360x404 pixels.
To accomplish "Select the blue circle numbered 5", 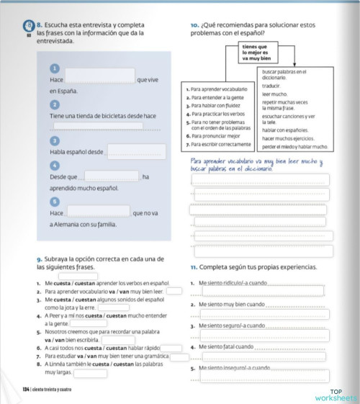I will coord(54,202).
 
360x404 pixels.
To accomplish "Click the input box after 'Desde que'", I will coord(111,176).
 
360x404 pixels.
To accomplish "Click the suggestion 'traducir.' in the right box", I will coord(271,85).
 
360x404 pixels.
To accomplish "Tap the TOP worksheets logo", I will coord(335,394).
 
